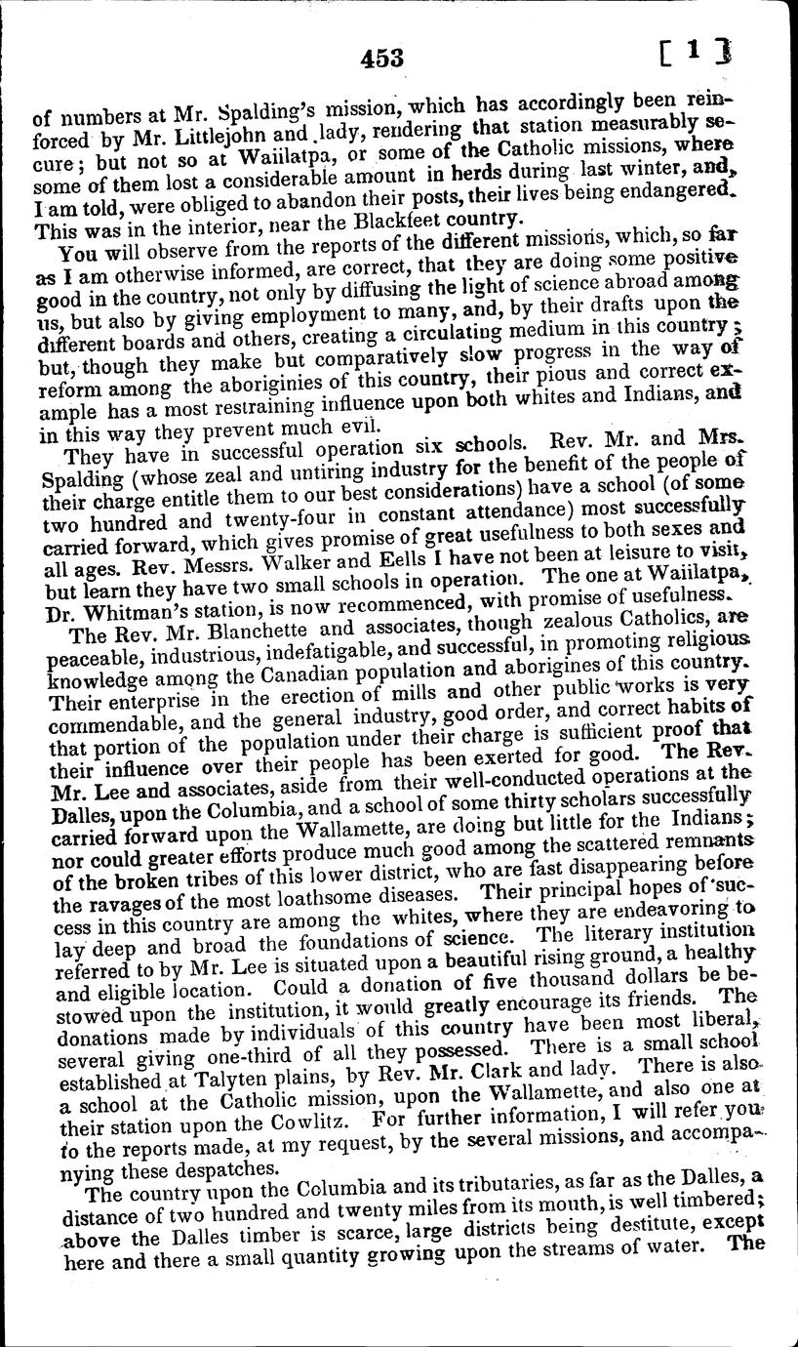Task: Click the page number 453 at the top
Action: pyautogui.click(x=380, y=58)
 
